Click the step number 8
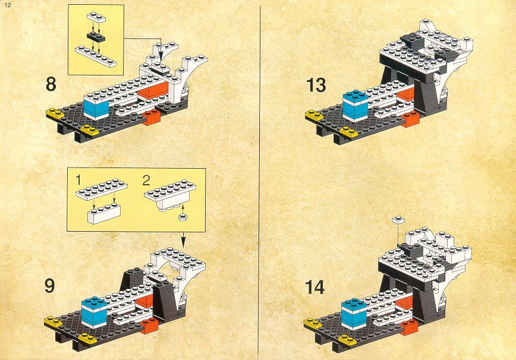point(51,84)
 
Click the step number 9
point(50,286)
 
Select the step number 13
point(316,86)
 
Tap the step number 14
point(315,287)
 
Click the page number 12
point(8,5)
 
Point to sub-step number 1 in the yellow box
point(78,180)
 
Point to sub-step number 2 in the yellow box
point(146,180)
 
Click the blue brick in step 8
point(96,108)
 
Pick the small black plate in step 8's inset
point(96,37)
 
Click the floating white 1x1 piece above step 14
point(398,220)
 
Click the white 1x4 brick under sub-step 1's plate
point(104,213)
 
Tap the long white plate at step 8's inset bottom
point(96,56)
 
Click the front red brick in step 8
point(152,116)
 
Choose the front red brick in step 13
point(410,119)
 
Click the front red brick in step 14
point(409,327)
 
